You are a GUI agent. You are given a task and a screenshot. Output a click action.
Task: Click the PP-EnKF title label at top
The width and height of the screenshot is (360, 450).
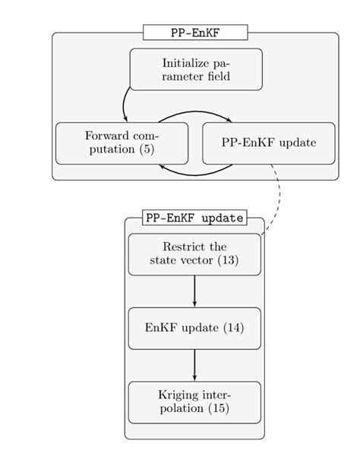click(x=195, y=32)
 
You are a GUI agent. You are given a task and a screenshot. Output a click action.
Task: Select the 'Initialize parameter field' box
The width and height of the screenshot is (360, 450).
click(x=196, y=69)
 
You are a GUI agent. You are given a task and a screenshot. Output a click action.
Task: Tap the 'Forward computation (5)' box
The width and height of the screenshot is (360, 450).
click(x=122, y=143)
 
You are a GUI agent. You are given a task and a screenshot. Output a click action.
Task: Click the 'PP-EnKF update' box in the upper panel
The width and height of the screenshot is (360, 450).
click(x=268, y=143)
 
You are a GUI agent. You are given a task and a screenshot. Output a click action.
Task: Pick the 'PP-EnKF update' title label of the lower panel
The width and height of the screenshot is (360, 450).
click(x=194, y=217)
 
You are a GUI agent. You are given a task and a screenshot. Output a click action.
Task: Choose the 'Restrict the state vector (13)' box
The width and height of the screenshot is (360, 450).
click(x=194, y=254)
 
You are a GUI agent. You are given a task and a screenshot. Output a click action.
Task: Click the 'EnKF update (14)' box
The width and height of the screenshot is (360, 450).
click(x=194, y=328)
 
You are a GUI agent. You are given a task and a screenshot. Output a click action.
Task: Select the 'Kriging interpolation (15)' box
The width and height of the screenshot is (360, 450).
click(x=194, y=401)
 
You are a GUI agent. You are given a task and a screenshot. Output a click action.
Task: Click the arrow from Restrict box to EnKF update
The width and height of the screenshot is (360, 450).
click(x=195, y=291)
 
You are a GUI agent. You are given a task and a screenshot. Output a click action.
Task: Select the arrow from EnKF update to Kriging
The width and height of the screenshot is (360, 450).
click(x=195, y=364)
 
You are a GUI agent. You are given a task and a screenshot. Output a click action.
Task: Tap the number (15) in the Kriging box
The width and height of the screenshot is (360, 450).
click(x=216, y=409)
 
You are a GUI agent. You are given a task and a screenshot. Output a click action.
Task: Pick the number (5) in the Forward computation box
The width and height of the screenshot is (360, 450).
click(x=147, y=149)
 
